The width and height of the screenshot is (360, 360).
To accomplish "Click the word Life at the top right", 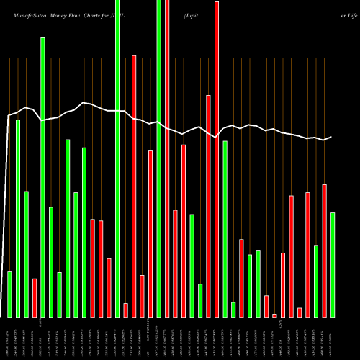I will coord(350,14).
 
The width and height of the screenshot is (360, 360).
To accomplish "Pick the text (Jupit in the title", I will coord(194,14).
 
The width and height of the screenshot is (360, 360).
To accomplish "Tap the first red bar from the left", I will coord(35,297).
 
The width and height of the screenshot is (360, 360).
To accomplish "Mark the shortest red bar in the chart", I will coord(274,315).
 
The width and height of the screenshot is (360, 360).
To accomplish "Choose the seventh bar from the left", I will coord(59,294).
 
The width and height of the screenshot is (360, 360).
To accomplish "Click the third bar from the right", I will coord(316,281).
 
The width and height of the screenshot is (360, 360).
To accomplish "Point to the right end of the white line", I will coord(332,137).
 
